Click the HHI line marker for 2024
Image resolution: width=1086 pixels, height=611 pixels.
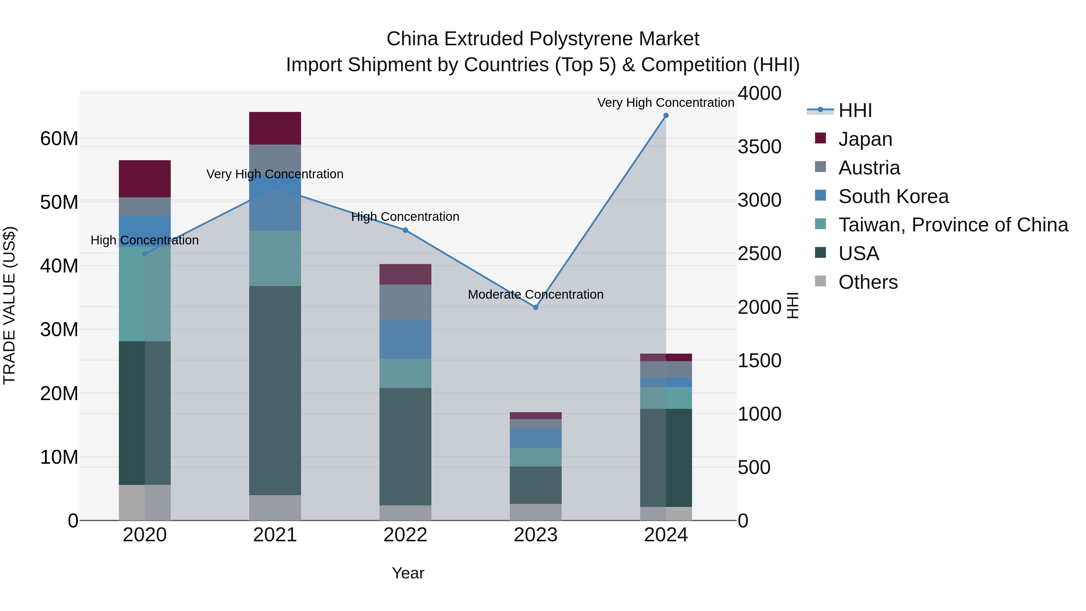(666, 116)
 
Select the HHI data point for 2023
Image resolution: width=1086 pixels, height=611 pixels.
(535, 307)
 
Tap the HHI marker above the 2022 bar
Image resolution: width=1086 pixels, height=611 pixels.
(405, 230)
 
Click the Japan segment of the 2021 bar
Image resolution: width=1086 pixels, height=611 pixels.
(275, 128)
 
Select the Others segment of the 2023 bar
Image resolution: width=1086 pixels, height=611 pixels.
(535, 512)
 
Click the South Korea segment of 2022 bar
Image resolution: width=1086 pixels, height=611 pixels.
(405, 339)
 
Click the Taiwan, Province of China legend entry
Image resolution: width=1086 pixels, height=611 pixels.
(953, 225)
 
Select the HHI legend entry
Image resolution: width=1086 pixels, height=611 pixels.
(855, 110)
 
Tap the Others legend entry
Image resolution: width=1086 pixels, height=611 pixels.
(868, 282)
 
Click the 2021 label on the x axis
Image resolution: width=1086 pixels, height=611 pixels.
(275, 535)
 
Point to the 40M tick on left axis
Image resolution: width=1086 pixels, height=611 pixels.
(59, 266)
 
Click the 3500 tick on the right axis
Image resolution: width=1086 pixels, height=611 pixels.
(759, 147)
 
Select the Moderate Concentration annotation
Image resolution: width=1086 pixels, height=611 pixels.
(535, 294)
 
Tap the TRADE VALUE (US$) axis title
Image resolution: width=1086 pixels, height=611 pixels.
(9, 305)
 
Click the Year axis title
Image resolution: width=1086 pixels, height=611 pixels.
(408, 573)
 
